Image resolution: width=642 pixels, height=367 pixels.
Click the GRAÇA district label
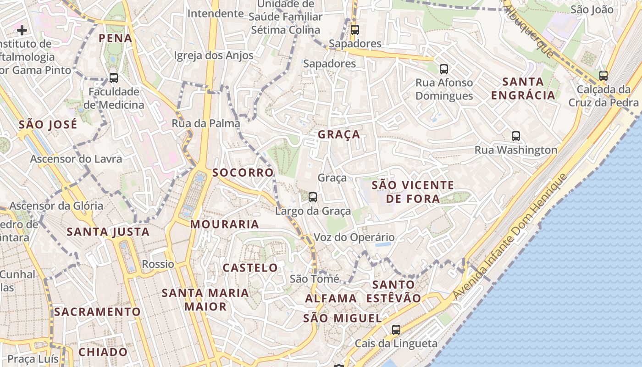(x=339, y=134)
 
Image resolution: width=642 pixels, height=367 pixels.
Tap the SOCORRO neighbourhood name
(x=243, y=172)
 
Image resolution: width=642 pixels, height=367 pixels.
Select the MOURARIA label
(x=225, y=224)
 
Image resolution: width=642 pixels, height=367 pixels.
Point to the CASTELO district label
(x=250, y=267)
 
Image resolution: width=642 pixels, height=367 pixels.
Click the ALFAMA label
(x=331, y=298)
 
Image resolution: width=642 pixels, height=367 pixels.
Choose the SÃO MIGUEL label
(x=343, y=318)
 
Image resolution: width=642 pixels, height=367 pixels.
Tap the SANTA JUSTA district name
(x=108, y=232)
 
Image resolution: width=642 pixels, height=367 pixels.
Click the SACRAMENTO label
(x=97, y=312)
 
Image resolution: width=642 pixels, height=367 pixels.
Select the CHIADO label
(x=103, y=352)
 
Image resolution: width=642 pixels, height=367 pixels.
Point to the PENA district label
(x=116, y=38)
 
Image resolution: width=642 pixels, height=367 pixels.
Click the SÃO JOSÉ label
(x=48, y=124)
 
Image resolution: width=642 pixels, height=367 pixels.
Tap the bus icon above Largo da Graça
(x=313, y=197)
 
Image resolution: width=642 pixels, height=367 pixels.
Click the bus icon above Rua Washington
(x=516, y=136)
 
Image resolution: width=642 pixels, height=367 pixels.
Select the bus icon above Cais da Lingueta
(x=396, y=329)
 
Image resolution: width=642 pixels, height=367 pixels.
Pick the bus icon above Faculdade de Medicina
(x=113, y=78)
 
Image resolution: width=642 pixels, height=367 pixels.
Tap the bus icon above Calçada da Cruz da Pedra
(x=603, y=76)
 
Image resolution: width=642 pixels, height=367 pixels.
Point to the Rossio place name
(x=158, y=264)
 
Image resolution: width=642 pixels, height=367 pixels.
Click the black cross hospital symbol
(x=22, y=30)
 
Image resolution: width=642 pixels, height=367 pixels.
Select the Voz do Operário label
(x=354, y=238)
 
